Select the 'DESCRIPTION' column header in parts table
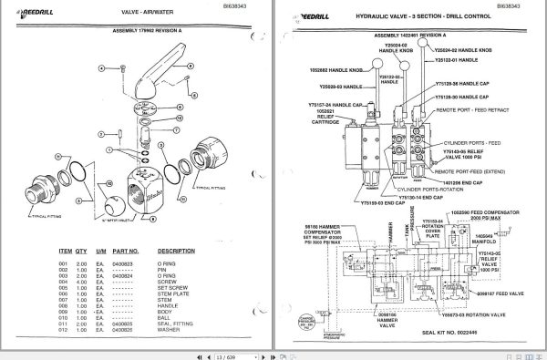coord(176,249)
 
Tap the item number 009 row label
coord(64,310)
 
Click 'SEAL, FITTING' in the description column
coord(177,323)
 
